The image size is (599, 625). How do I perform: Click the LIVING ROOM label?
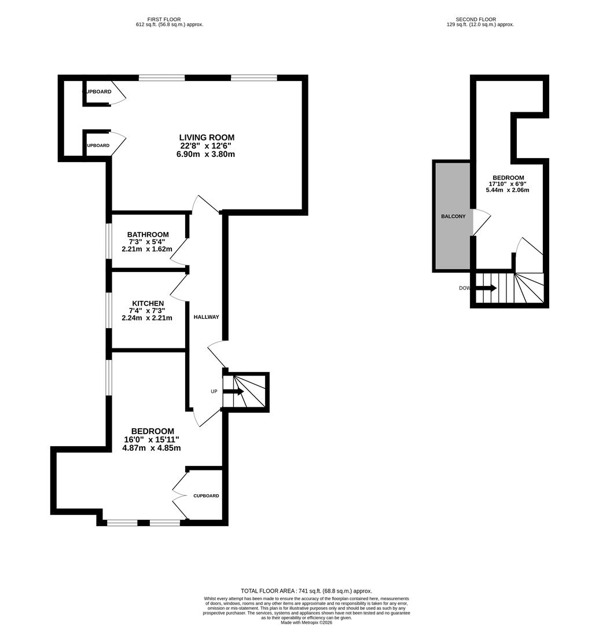click(x=207, y=138)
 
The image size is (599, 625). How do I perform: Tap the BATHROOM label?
click(x=148, y=234)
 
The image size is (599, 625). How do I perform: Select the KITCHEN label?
click(x=148, y=303)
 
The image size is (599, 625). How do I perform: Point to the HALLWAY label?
click(x=206, y=317)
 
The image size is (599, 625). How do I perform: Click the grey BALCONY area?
click(x=453, y=216)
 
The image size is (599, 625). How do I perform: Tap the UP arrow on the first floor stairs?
click(x=233, y=392)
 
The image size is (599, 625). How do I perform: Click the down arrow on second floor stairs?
click(x=486, y=288)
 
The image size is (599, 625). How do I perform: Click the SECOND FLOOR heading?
click(x=476, y=19)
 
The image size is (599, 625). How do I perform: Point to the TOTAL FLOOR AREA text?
click(x=306, y=591)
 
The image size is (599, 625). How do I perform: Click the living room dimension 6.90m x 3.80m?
click(x=207, y=155)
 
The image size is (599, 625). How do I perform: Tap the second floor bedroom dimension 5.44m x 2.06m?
click(x=509, y=190)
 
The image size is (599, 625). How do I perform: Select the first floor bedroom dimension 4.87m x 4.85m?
click(x=152, y=448)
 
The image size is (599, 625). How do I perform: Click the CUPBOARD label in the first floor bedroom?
click(x=206, y=496)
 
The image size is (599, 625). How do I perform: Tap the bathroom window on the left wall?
click(x=108, y=241)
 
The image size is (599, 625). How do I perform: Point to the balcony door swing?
click(x=482, y=222)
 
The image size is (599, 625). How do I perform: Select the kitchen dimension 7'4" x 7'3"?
click(x=148, y=311)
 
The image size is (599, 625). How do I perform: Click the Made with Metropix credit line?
click(x=306, y=622)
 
